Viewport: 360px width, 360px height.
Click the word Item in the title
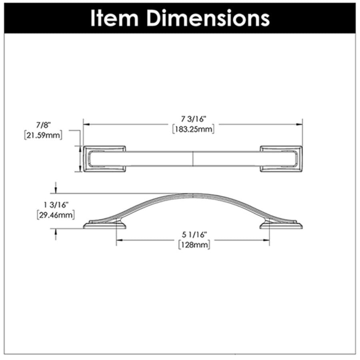pyautogui.click(x=114, y=18)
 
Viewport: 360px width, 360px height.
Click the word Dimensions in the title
pyautogui.click(x=208, y=18)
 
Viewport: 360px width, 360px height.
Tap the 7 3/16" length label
pyautogui.click(x=194, y=119)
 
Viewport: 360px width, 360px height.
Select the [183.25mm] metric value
pyautogui.click(x=193, y=129)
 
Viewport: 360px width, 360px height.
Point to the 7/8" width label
pyautogui.click(x=43, y=125)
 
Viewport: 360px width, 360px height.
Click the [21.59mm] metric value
pyautogui.click(x=43, y=135)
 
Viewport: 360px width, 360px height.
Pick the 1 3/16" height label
pyautogui.click(x=56, y=205)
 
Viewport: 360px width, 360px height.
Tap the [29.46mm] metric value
pyautogui.click(x=56, y=215)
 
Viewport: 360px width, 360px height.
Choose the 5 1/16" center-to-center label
pyautogui.click(x=194, y=235)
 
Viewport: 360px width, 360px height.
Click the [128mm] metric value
pyautogui.click(x=194, y=245)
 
